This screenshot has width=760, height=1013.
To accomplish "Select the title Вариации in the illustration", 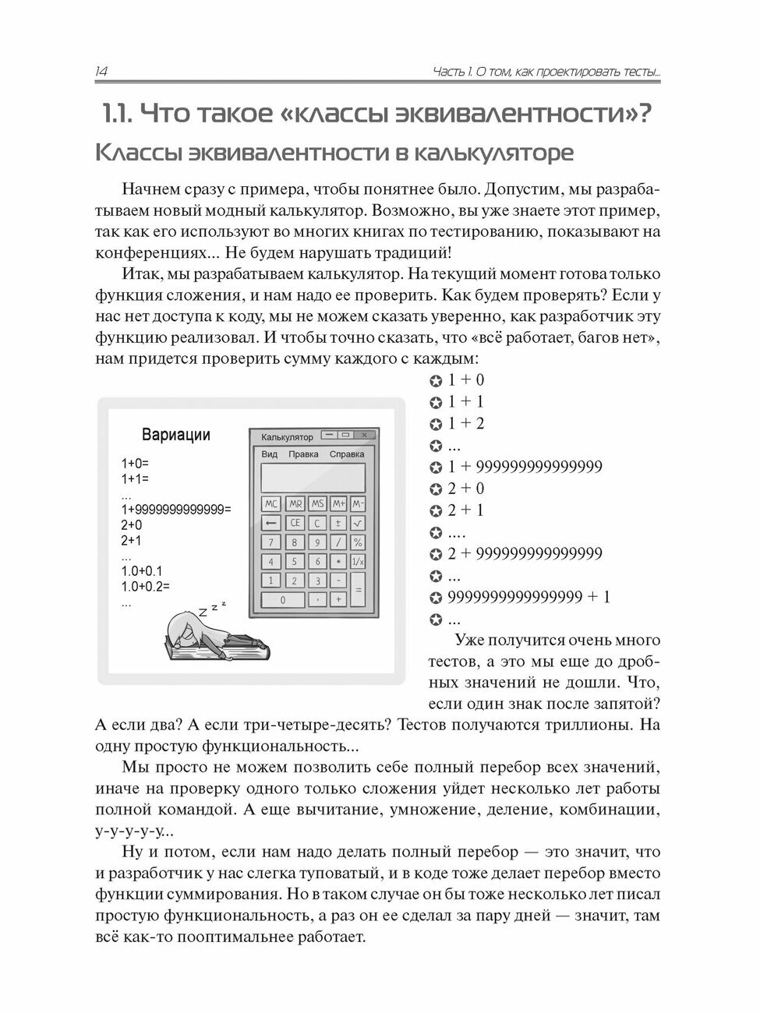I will coord(175,435).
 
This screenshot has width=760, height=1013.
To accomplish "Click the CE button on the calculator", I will coord(295,524).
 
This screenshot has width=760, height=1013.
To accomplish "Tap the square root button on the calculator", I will coord(358,524).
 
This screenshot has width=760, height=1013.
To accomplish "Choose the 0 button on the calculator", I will coord(282,600).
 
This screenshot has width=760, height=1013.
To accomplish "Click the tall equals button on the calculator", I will coord(358,591).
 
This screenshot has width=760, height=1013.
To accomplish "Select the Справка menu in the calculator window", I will coord(346,454).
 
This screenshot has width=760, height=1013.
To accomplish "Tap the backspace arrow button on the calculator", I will coord(270,524).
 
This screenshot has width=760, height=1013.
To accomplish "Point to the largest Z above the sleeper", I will coord(203,612).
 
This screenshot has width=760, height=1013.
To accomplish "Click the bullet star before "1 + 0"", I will coord(436,381).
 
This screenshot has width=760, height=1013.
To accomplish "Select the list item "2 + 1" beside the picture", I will coord(465,510).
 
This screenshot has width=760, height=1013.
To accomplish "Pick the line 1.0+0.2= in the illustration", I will coord(146,587).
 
